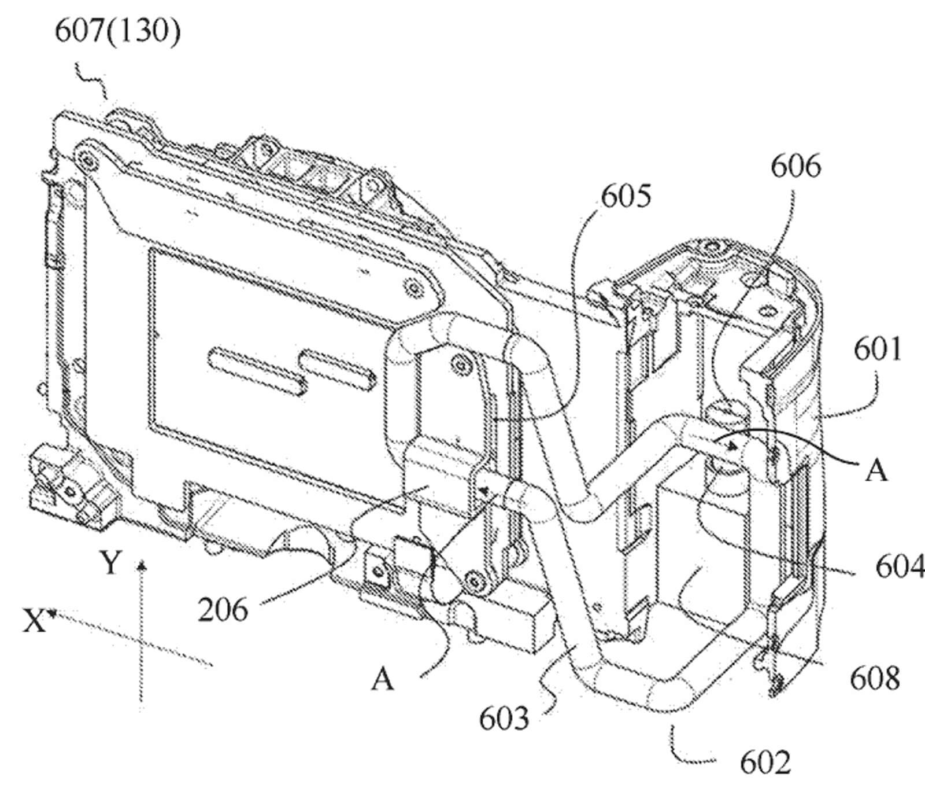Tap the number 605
pos(626,196)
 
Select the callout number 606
pos(795,166)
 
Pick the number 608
pos(875,677)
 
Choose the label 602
pos(765,762)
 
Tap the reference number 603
pos(504,719)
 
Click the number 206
pos(223,609)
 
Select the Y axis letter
pos(111,562)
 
